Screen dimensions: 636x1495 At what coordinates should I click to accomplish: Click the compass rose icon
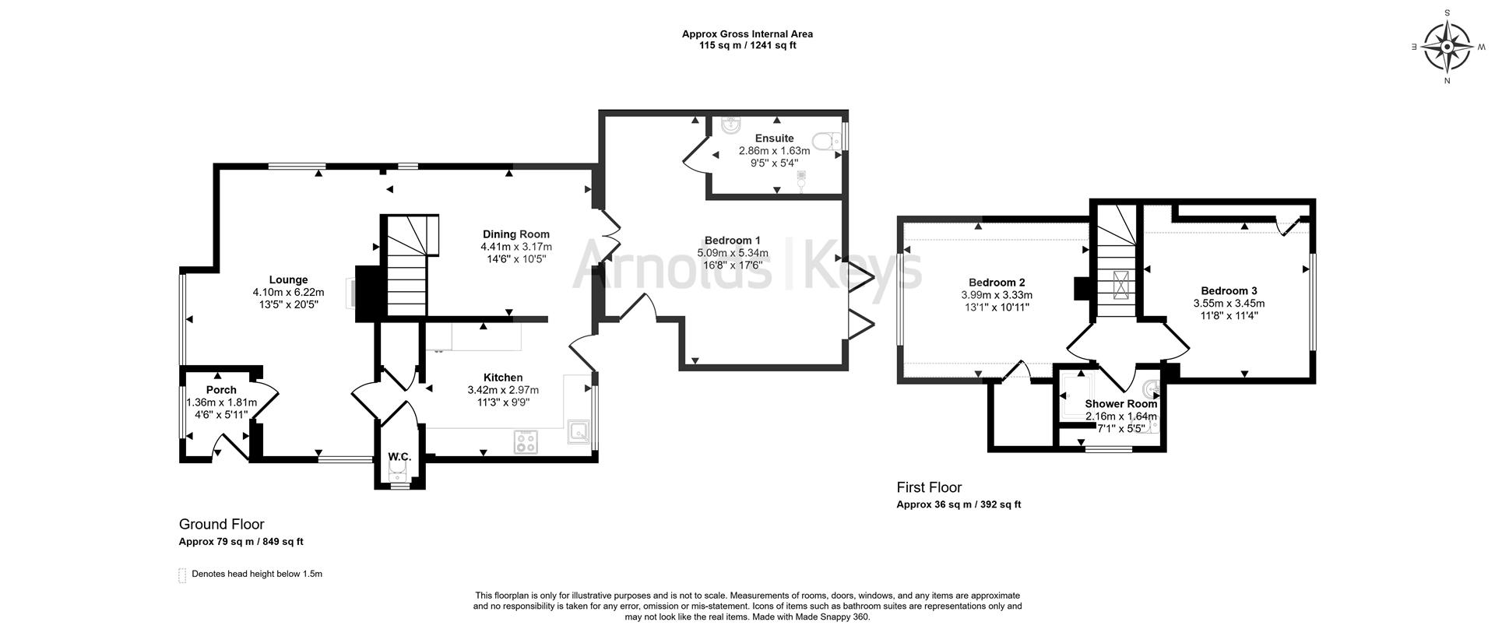[x=1447, y=47]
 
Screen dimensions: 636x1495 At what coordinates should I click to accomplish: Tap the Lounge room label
[x=288, y=280]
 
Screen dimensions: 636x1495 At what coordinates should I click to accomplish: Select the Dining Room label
[x=515, y=234]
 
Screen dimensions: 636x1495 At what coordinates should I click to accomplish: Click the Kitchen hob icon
[x=526, y=442]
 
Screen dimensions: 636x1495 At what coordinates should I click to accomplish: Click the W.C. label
[x=399, y=457]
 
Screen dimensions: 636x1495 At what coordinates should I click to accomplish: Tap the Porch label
[x=221, y=390]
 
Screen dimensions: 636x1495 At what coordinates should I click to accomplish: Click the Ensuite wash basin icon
[x=730, y=126]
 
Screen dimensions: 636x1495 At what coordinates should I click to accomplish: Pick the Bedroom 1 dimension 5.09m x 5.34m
[x=732, y=253]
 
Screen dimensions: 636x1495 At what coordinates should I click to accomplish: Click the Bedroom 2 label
[x=996, y=283]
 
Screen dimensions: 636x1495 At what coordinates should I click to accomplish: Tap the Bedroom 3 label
[x=1229, y=290]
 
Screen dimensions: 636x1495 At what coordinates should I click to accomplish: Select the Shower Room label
[x=1120, y=404]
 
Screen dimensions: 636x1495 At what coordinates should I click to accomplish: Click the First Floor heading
[x=929, y=487]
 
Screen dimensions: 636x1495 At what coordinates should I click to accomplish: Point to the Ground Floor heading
[x=221, y=525]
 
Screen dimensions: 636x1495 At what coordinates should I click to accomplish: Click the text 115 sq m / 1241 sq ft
[x=747, y=45]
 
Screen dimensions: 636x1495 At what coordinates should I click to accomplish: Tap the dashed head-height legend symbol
[x=183, y=575]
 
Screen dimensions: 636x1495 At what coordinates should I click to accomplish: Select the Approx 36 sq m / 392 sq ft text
[x=958, y=504]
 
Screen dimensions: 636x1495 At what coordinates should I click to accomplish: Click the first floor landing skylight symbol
[x=1122, y=285]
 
